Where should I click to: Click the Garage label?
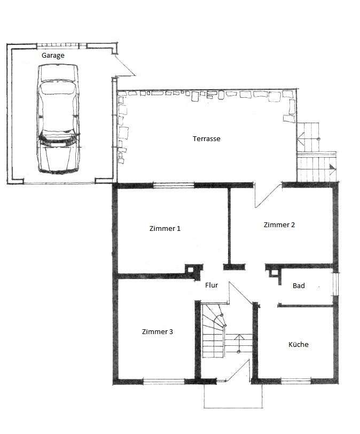pos(53,55)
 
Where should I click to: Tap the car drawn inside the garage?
pos(58,118)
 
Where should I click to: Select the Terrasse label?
pos(206,139)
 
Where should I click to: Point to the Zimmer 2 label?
pos(279,225)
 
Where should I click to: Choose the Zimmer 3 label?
pos(157,332)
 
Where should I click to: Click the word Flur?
pos(212,285)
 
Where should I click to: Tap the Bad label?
pos(299,286)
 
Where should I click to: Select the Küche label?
pos(299,345)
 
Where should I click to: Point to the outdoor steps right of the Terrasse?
pos(315,155)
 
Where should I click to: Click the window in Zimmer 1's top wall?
pos(174,185)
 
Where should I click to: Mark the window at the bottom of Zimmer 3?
pos(163,382)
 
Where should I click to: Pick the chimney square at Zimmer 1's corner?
pos(190,269)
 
